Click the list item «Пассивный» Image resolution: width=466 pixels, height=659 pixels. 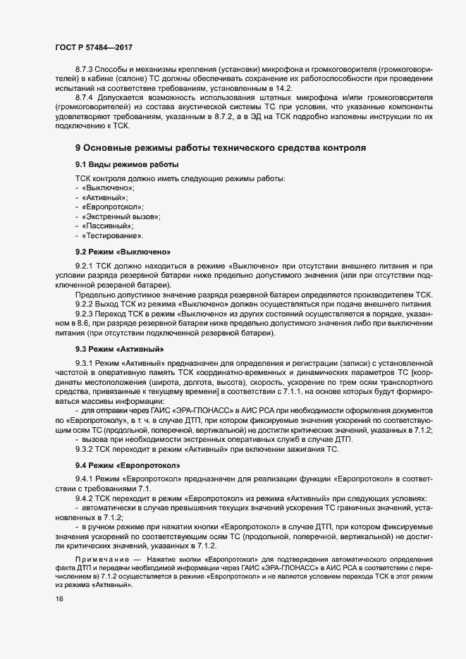coord(107,226)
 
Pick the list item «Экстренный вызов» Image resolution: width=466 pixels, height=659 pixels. coord(121,216)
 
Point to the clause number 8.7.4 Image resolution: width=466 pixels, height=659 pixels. coord(85,95)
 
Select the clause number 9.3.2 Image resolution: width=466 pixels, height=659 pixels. coord(85,450)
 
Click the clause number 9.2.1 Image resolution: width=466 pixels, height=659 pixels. coord(85,265)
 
